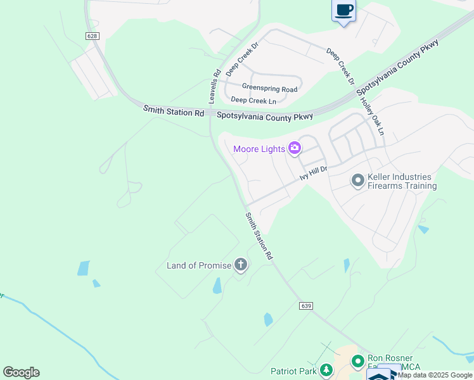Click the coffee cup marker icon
343,11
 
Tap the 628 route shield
93,36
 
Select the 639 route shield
307,306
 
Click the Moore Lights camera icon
294,149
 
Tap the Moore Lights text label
259,149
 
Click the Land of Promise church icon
241,265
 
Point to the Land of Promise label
199,265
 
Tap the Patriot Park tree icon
326,370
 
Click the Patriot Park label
293,371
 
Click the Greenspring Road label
269,89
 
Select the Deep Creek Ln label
253,100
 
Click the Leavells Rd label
214,86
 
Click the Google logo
21,372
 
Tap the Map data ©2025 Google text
435,375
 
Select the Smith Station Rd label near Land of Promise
260,236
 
